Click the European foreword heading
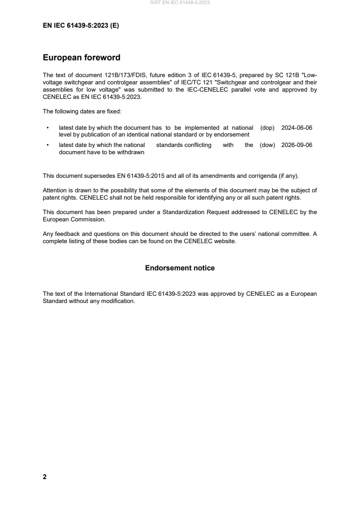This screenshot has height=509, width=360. [x=81, y=58]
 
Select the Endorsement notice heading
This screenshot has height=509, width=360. [x=180, y=268]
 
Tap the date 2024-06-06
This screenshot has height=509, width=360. [x=297, y=128]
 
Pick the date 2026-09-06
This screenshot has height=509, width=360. [x=297, y=145]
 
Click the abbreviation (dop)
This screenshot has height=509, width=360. [x=268, y=128]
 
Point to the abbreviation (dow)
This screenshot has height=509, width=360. [x=268, y=145]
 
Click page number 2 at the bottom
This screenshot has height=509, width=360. [x=44, y=476]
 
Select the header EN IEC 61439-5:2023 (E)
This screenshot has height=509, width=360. [x=81, y=25]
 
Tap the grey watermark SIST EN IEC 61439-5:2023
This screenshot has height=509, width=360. [x=180, y=3]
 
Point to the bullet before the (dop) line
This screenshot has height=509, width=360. [x=48, y=128]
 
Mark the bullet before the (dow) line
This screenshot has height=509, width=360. [x=48, y=146]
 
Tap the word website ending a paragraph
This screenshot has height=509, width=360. [x=225, y=241]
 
